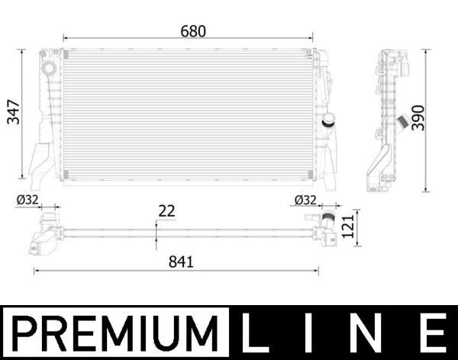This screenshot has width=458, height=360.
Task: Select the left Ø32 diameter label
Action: pyautogui.click(x=27, y=200)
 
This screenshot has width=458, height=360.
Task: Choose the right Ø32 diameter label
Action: pyautogui.click(x=305, y=200)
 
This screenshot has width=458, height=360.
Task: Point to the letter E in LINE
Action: pyautogui.click(x=432, y=333)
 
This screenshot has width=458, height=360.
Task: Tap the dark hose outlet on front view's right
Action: pyautogui.click(x=329, y=121)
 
